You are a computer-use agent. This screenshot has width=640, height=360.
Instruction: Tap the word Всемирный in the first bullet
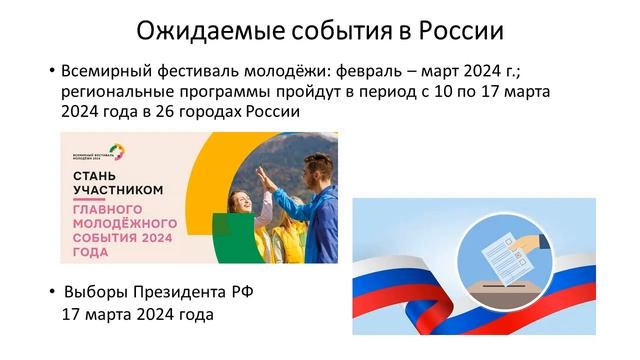coord(104,73)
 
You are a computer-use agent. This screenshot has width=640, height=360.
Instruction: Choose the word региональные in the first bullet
coord(113,93)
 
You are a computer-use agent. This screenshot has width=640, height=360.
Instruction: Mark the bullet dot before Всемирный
coord(51,73)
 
